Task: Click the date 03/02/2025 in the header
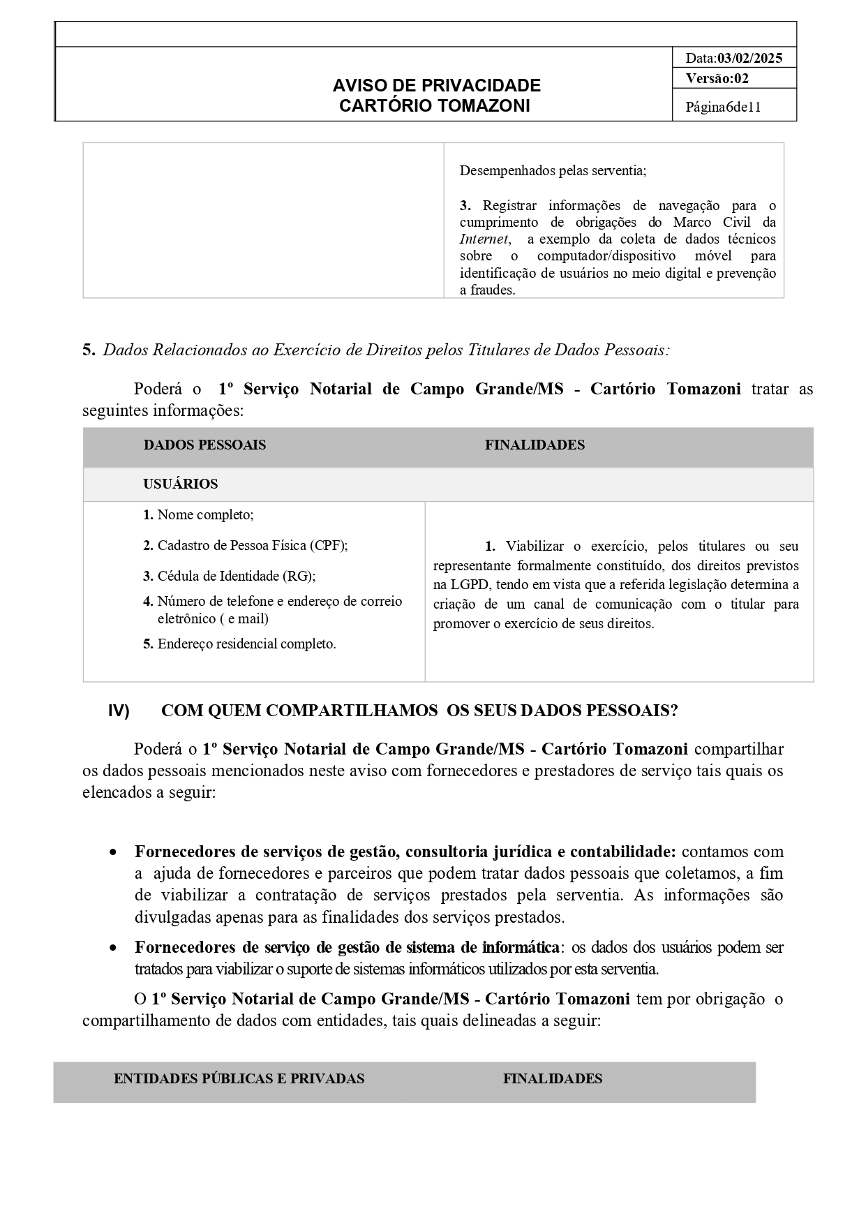749,58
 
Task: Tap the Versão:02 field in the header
717,78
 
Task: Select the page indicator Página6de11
723,107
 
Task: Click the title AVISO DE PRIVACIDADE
436,85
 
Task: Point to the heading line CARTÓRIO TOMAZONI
434,105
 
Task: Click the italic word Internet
484,239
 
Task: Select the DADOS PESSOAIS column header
204,445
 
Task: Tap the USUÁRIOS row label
181,484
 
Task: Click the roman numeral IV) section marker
119,711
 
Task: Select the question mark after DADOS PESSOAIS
673,711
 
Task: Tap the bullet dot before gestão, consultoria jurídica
113,852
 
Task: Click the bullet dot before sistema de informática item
113,948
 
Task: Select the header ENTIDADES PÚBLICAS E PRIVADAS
239,1078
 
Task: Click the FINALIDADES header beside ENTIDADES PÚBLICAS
552,1078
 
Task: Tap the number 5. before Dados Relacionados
89,350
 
